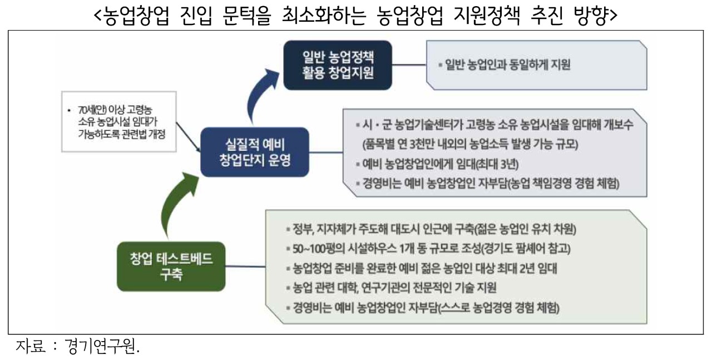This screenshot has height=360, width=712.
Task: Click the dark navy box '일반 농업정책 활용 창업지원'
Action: coord(338,65)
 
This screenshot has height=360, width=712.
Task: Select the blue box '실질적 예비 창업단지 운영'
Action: coord(255,152)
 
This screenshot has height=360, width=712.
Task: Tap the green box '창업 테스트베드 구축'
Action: coord(171,267)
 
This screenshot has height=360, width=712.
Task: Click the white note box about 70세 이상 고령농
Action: coord(119,121)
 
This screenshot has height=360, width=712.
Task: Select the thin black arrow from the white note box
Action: coord(188,137)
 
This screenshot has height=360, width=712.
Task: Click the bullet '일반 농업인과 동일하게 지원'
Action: coord(505,65)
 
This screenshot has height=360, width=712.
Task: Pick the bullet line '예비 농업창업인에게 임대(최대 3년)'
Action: coord(437,164)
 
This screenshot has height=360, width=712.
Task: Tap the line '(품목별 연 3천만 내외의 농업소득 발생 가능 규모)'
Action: coord(470,144)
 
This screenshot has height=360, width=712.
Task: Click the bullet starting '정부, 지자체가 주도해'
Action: coord(431,229)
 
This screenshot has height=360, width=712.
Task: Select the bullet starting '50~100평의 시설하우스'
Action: coord(428,249)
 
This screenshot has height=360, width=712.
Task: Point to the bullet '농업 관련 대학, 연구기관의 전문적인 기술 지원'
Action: coord(391,288)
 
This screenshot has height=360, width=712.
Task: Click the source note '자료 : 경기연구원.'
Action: coord(77,346)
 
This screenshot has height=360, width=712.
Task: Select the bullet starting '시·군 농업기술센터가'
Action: coord(495,125)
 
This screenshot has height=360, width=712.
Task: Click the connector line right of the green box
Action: coord(245,267)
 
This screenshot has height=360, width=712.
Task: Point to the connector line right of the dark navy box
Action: coord(409,65)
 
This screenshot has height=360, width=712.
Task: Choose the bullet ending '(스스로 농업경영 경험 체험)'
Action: coord(423,308)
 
